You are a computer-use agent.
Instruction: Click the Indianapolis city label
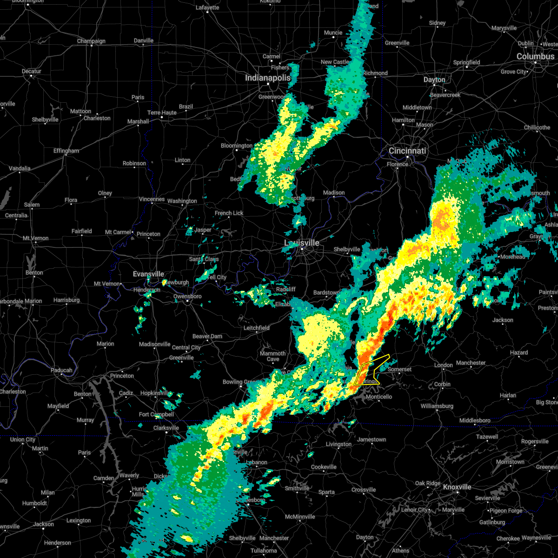pos(268,78)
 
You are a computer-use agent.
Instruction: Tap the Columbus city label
pos(535,56)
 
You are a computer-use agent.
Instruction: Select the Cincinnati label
pos(407,151)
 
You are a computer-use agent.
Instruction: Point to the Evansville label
pos(148,274)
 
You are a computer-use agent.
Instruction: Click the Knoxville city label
pos(457,487)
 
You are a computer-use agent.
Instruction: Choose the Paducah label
pos(61,371)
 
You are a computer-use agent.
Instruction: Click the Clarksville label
pos(166,428)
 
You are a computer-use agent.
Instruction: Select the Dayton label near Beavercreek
pos(434,80)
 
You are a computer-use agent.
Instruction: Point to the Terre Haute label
pos(162,113)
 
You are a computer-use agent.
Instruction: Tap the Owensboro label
pos(187,296)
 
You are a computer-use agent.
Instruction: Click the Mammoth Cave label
pos(273,356)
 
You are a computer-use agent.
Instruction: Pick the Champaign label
pos(91,41)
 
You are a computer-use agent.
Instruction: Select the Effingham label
pos(66,151)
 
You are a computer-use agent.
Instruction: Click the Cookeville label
pos(324,467)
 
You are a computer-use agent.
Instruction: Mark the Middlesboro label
pos(475,420)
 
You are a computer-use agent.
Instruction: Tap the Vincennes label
pos(152,199)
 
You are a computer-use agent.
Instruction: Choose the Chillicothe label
pos(537,127)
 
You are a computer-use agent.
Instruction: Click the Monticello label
pos(379,397)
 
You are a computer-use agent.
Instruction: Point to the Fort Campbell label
pos(156,414)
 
